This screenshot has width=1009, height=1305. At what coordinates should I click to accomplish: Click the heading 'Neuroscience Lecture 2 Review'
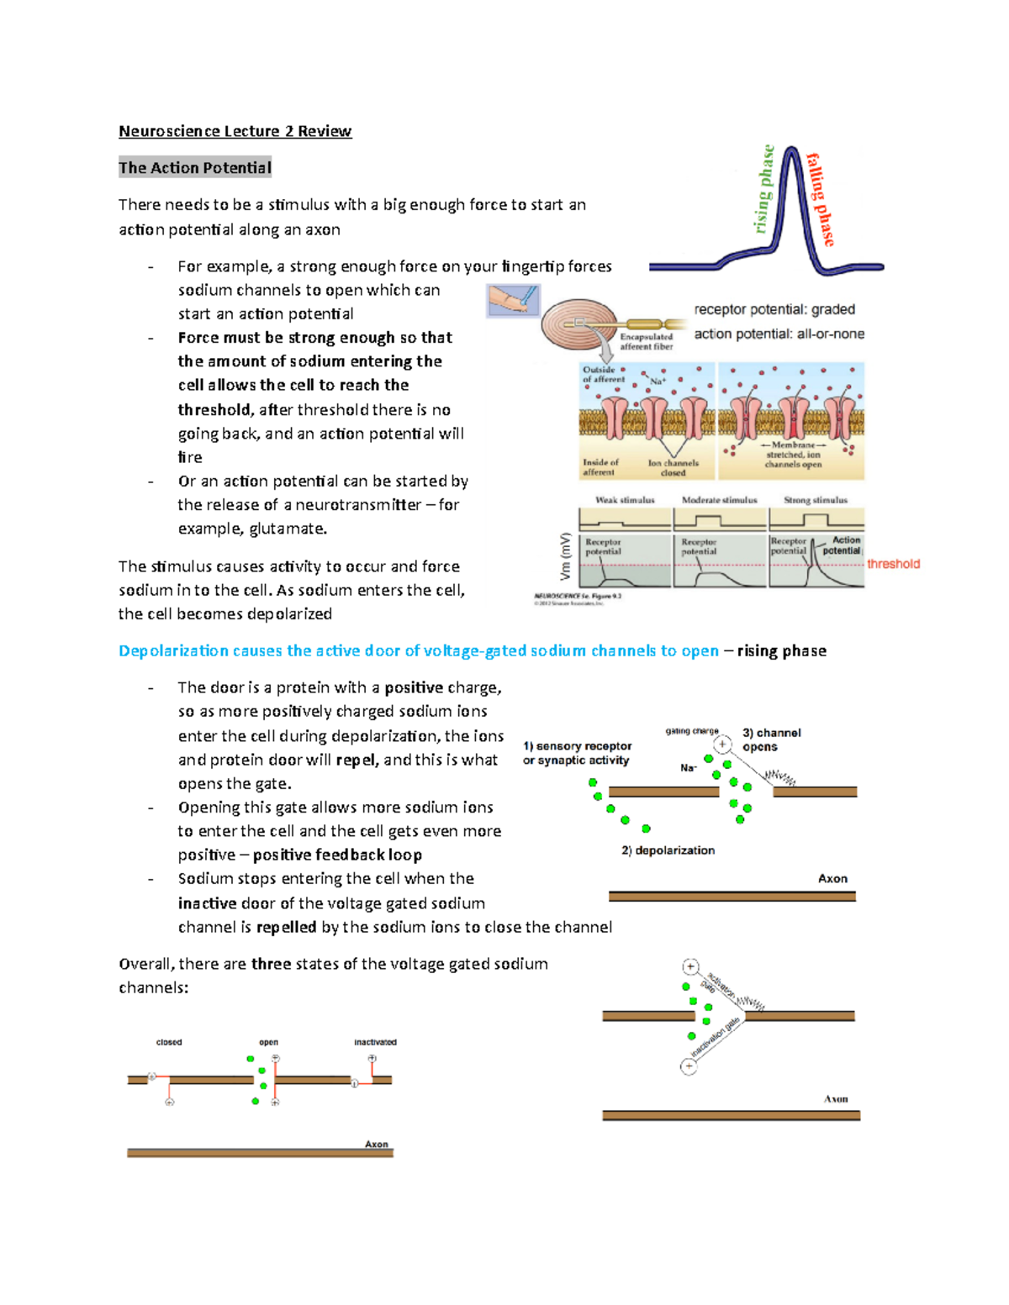235,131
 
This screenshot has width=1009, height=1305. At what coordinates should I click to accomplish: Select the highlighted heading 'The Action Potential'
195,168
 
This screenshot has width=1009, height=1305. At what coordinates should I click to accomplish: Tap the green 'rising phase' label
764,189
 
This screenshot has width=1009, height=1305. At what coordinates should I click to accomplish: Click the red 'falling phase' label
821,199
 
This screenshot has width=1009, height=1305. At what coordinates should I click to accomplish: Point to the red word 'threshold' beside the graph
893,564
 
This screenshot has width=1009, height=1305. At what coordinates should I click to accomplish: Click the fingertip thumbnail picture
513,300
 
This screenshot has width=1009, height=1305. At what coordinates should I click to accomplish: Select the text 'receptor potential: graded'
774,309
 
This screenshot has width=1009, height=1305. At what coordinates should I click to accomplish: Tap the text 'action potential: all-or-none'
779,334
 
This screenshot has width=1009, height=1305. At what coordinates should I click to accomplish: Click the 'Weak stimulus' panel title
625,500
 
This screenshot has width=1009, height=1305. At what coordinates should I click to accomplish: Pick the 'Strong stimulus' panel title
816,500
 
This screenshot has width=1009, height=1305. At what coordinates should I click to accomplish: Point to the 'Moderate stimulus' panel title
719,500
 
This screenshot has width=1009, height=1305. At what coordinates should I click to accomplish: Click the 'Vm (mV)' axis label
565,556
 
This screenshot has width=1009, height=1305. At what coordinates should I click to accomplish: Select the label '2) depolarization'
668,850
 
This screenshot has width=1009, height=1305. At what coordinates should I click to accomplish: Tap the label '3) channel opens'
771,739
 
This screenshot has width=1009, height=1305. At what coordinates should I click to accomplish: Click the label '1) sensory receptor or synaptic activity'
577,753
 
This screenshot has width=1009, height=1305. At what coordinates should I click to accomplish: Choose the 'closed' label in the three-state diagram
169,1042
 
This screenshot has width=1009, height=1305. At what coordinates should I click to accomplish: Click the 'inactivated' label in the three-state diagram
375,1042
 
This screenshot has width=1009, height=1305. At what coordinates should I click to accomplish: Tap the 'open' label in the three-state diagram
268,1042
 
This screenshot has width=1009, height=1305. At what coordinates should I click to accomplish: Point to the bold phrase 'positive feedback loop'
337,855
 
